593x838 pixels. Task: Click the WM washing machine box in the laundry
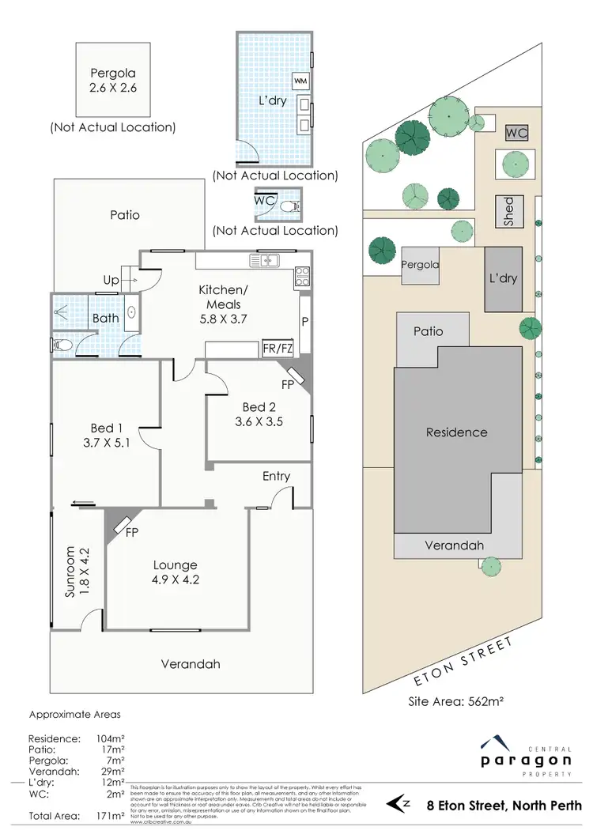pos(301,81)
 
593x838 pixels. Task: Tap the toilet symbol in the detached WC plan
pos(294,206)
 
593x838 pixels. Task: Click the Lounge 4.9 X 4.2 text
pos(175,572)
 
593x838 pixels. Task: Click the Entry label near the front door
pos(276,476)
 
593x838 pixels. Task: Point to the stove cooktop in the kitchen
pos(301,276)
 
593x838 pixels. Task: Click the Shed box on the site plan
pos(508,212)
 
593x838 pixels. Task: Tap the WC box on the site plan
pos(516,133)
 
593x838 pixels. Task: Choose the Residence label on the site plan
pos(456,432)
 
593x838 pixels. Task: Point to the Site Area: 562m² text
pos(455,701)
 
